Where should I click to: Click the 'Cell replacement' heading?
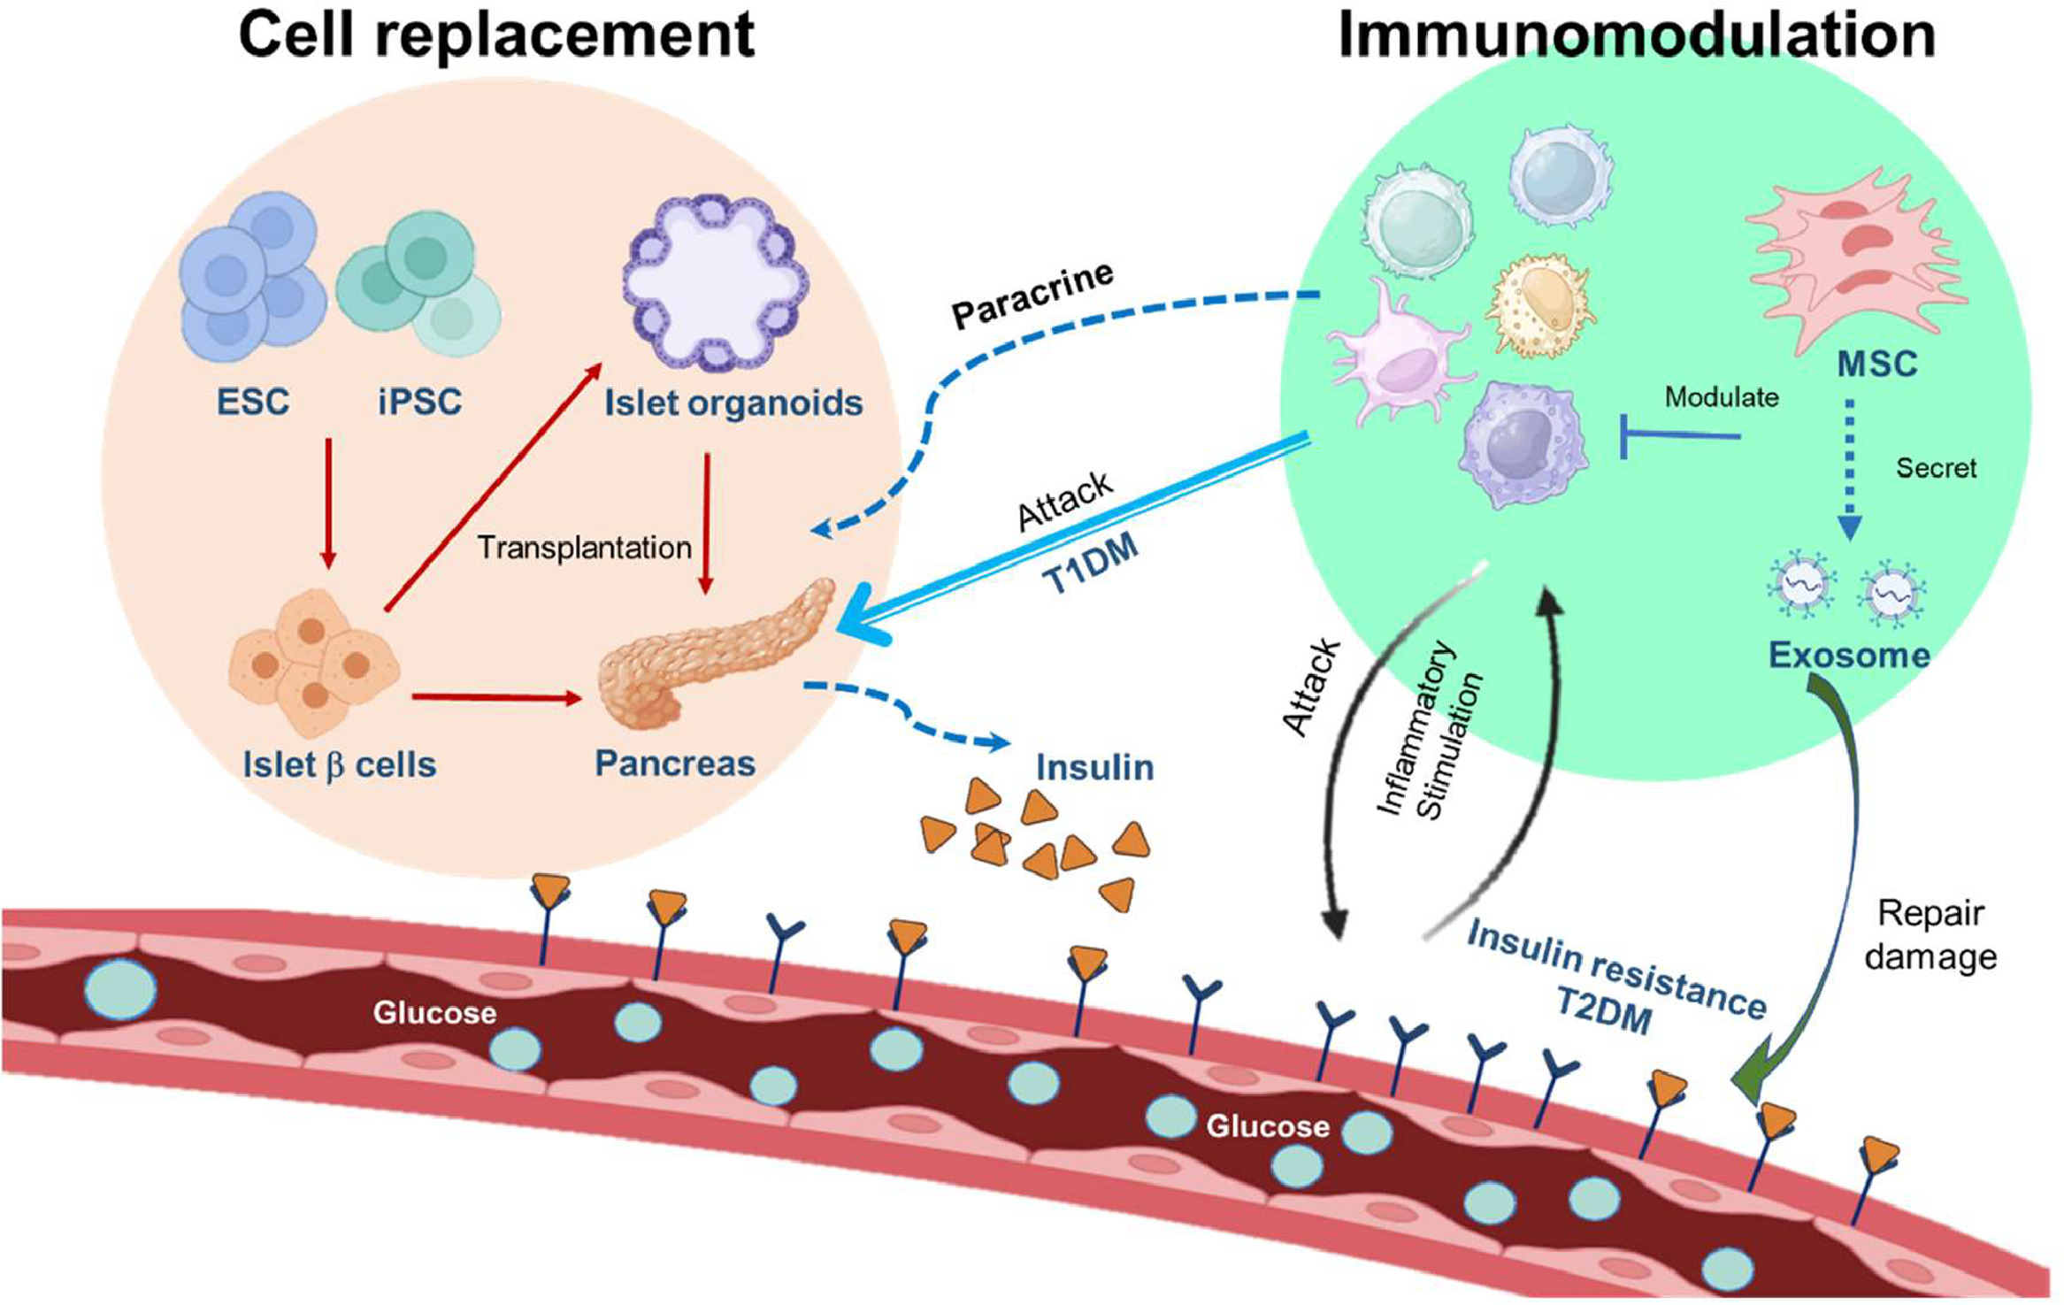(496, 35)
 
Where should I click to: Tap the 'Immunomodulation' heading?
(1636, 35)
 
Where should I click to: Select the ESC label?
(253, 402)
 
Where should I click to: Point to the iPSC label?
(419, 402)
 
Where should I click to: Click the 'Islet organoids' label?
(733, 403)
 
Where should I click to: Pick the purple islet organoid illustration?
(716, 282)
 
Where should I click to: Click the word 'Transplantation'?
(584, 548)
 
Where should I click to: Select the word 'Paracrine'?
(1032, 296)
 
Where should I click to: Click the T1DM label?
(1090, 564)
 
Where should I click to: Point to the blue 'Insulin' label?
(1095, 767)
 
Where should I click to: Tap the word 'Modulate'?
(1721, 396)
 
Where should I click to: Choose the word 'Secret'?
(1936, 467)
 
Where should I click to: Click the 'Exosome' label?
(1849, 655)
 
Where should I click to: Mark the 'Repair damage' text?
(1930, 935)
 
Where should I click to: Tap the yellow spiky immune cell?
(1540, 304)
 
